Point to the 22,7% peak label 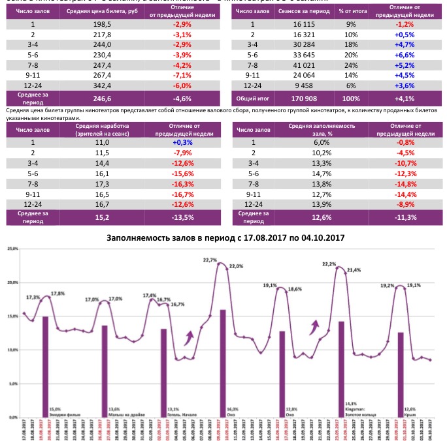(x=210, y=260)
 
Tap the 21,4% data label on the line (x=354, y=269)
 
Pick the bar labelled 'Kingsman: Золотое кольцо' (x=341, y=369)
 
